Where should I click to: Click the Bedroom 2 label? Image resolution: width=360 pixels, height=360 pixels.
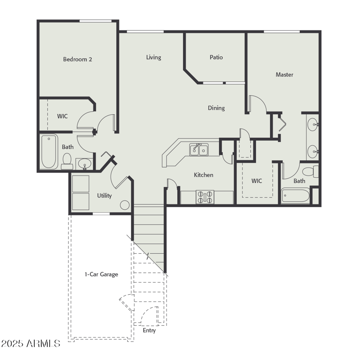tap(77, 59)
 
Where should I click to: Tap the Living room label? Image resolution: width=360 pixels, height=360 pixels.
tap(153, 57)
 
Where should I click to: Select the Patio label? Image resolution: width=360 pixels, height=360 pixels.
tap(216, 57)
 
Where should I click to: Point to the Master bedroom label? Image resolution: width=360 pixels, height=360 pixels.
tap(284, 75)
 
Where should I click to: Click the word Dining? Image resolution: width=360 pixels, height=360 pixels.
tap(216, 108)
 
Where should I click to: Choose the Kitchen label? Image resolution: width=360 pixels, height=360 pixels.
tap(203, 175)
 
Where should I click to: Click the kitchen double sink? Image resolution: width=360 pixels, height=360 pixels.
tap(198, 149)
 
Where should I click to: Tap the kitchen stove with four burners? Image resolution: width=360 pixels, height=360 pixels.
tap(205, 198)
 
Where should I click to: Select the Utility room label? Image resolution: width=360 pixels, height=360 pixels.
tap(104, 196)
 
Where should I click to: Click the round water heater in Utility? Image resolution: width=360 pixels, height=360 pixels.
tap(125, 205)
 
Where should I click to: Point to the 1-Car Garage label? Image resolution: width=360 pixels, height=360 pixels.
tap(101, 274)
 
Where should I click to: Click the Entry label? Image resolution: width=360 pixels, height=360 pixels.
tap(149, 330)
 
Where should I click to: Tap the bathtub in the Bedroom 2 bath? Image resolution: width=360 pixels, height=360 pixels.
tap(49, 152)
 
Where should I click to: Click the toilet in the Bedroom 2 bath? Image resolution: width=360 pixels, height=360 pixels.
tap(67, 160)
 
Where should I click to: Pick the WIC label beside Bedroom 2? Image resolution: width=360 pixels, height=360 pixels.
tap(63, 116)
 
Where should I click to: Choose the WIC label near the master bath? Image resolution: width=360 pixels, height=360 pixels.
tap(256, 181)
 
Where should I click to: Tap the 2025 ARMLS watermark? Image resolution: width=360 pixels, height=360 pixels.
tap(31, 344)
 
